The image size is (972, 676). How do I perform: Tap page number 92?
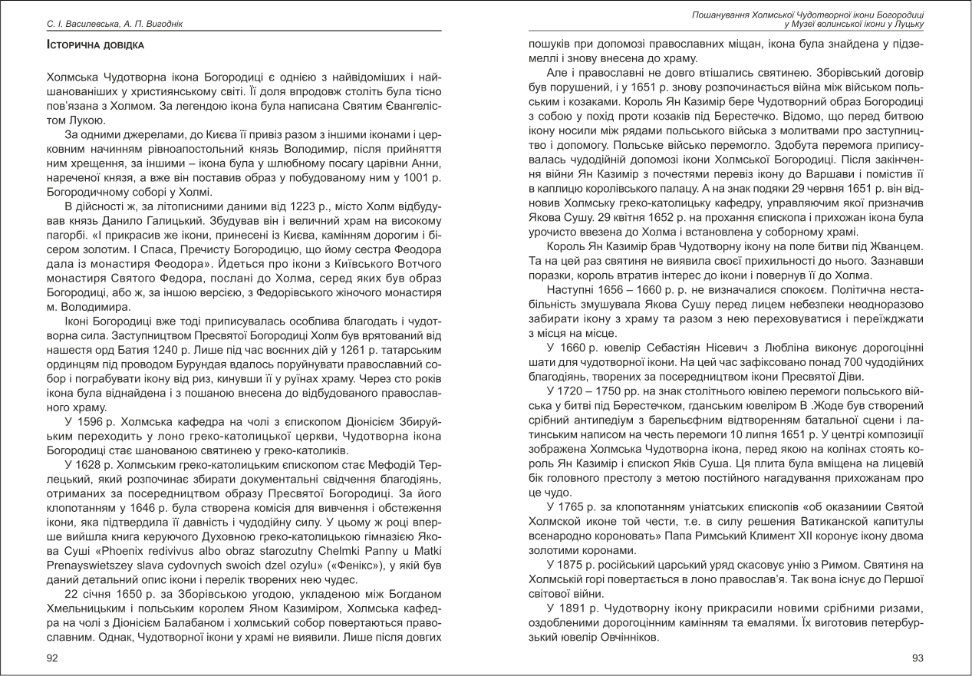pos(52,658)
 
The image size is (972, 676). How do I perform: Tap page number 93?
pos(918,658)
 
